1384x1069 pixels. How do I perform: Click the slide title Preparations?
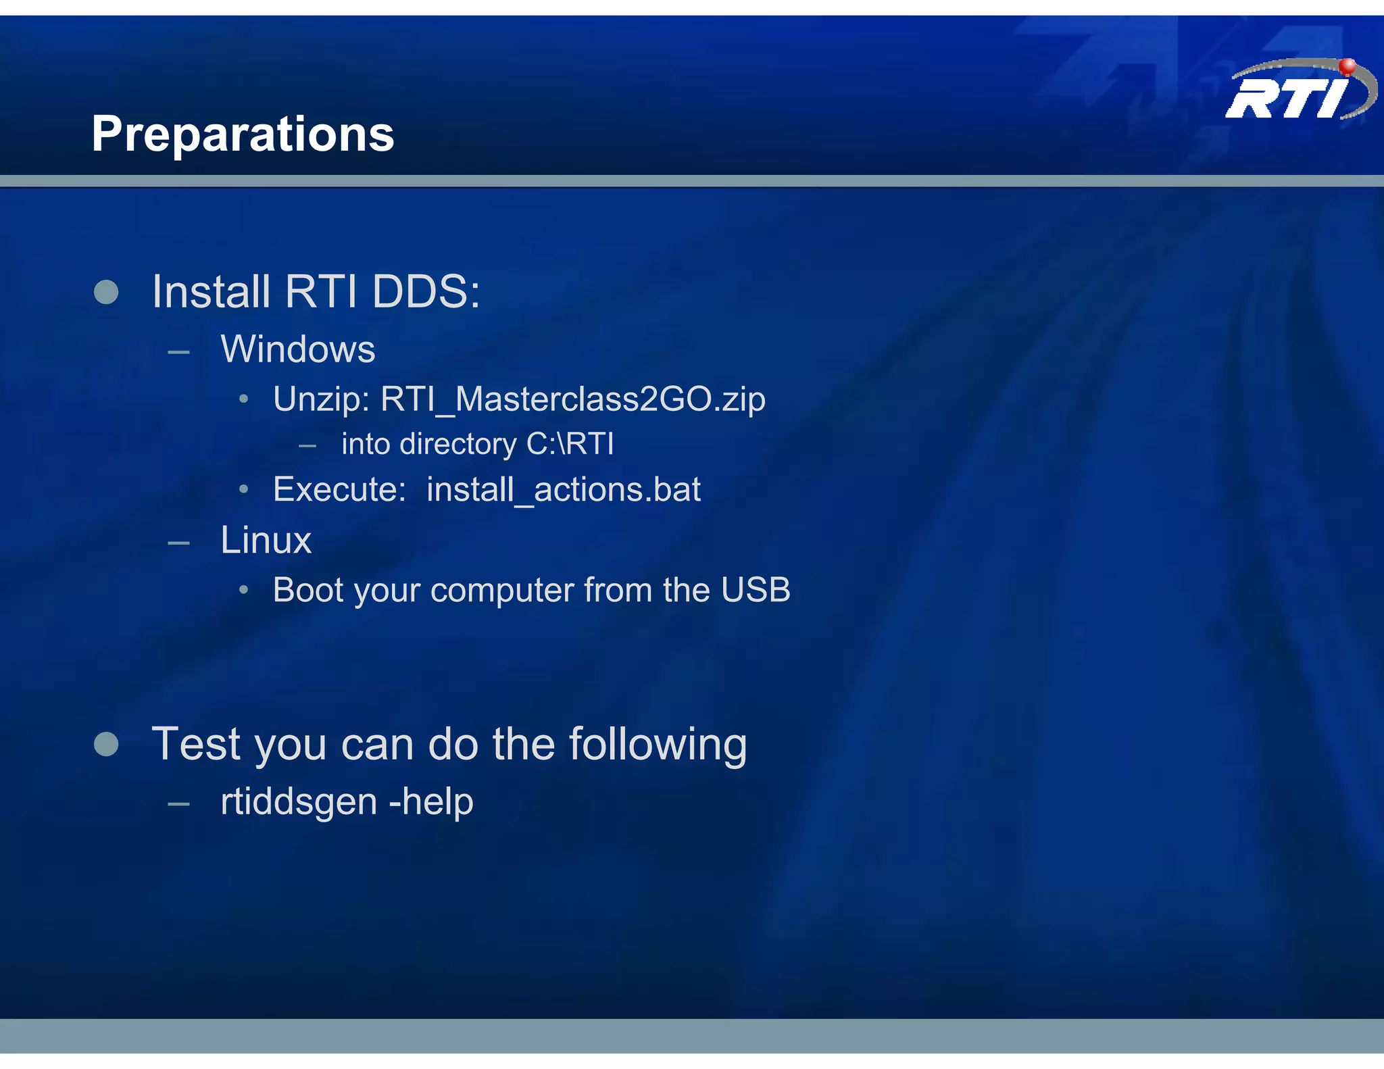243,134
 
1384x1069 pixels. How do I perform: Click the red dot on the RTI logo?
1347,66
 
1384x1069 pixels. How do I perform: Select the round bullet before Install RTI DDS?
106,292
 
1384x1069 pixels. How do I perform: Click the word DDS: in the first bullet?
426,292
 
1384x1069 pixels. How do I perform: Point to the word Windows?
297,349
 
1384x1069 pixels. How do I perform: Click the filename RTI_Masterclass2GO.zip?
572,399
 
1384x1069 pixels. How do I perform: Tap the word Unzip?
321,399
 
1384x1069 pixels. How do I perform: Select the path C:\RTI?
570,444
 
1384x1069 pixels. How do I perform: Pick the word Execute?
339,489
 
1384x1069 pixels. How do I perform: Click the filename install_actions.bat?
563,490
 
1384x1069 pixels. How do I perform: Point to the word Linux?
266,540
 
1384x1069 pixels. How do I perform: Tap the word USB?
755,590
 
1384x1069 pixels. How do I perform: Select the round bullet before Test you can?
106,744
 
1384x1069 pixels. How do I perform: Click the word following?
658,744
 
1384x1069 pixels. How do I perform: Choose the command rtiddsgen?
299,802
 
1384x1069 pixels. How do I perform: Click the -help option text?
431,801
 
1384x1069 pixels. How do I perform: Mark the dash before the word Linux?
178,543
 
